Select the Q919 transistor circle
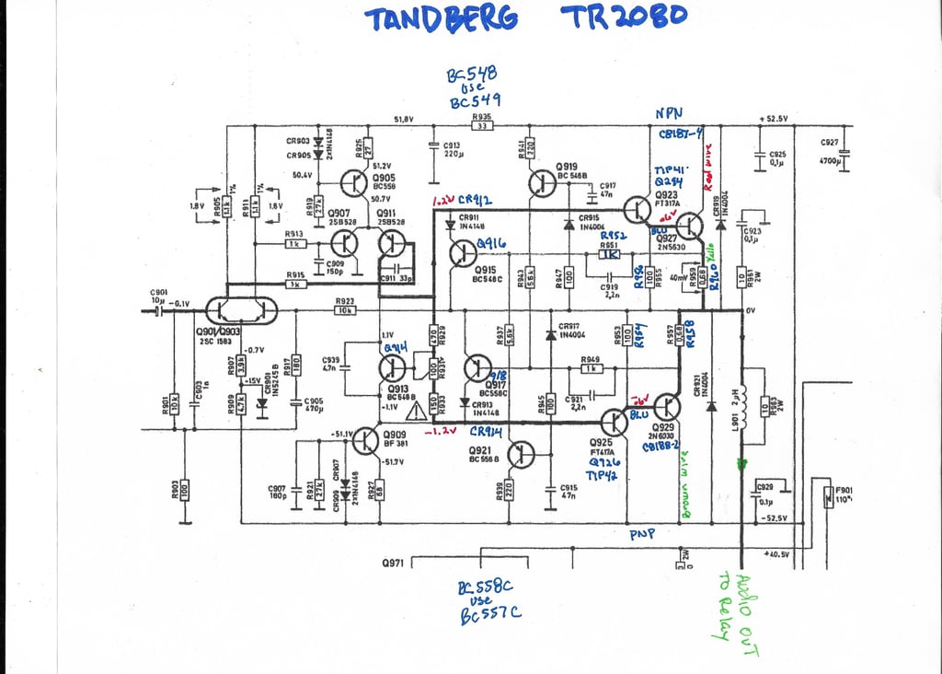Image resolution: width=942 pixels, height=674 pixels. tap(542, 184)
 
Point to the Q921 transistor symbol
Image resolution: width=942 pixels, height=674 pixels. tap(521, 454)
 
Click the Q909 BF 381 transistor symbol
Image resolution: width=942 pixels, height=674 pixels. tap(366, 440)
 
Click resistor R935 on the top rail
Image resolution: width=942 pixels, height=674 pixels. tap(480, 126)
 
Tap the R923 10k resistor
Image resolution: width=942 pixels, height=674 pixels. tap(345, 310)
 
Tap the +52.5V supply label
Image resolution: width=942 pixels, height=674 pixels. tap(776, 119)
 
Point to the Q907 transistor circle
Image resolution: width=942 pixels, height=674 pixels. tap(344, 245)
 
